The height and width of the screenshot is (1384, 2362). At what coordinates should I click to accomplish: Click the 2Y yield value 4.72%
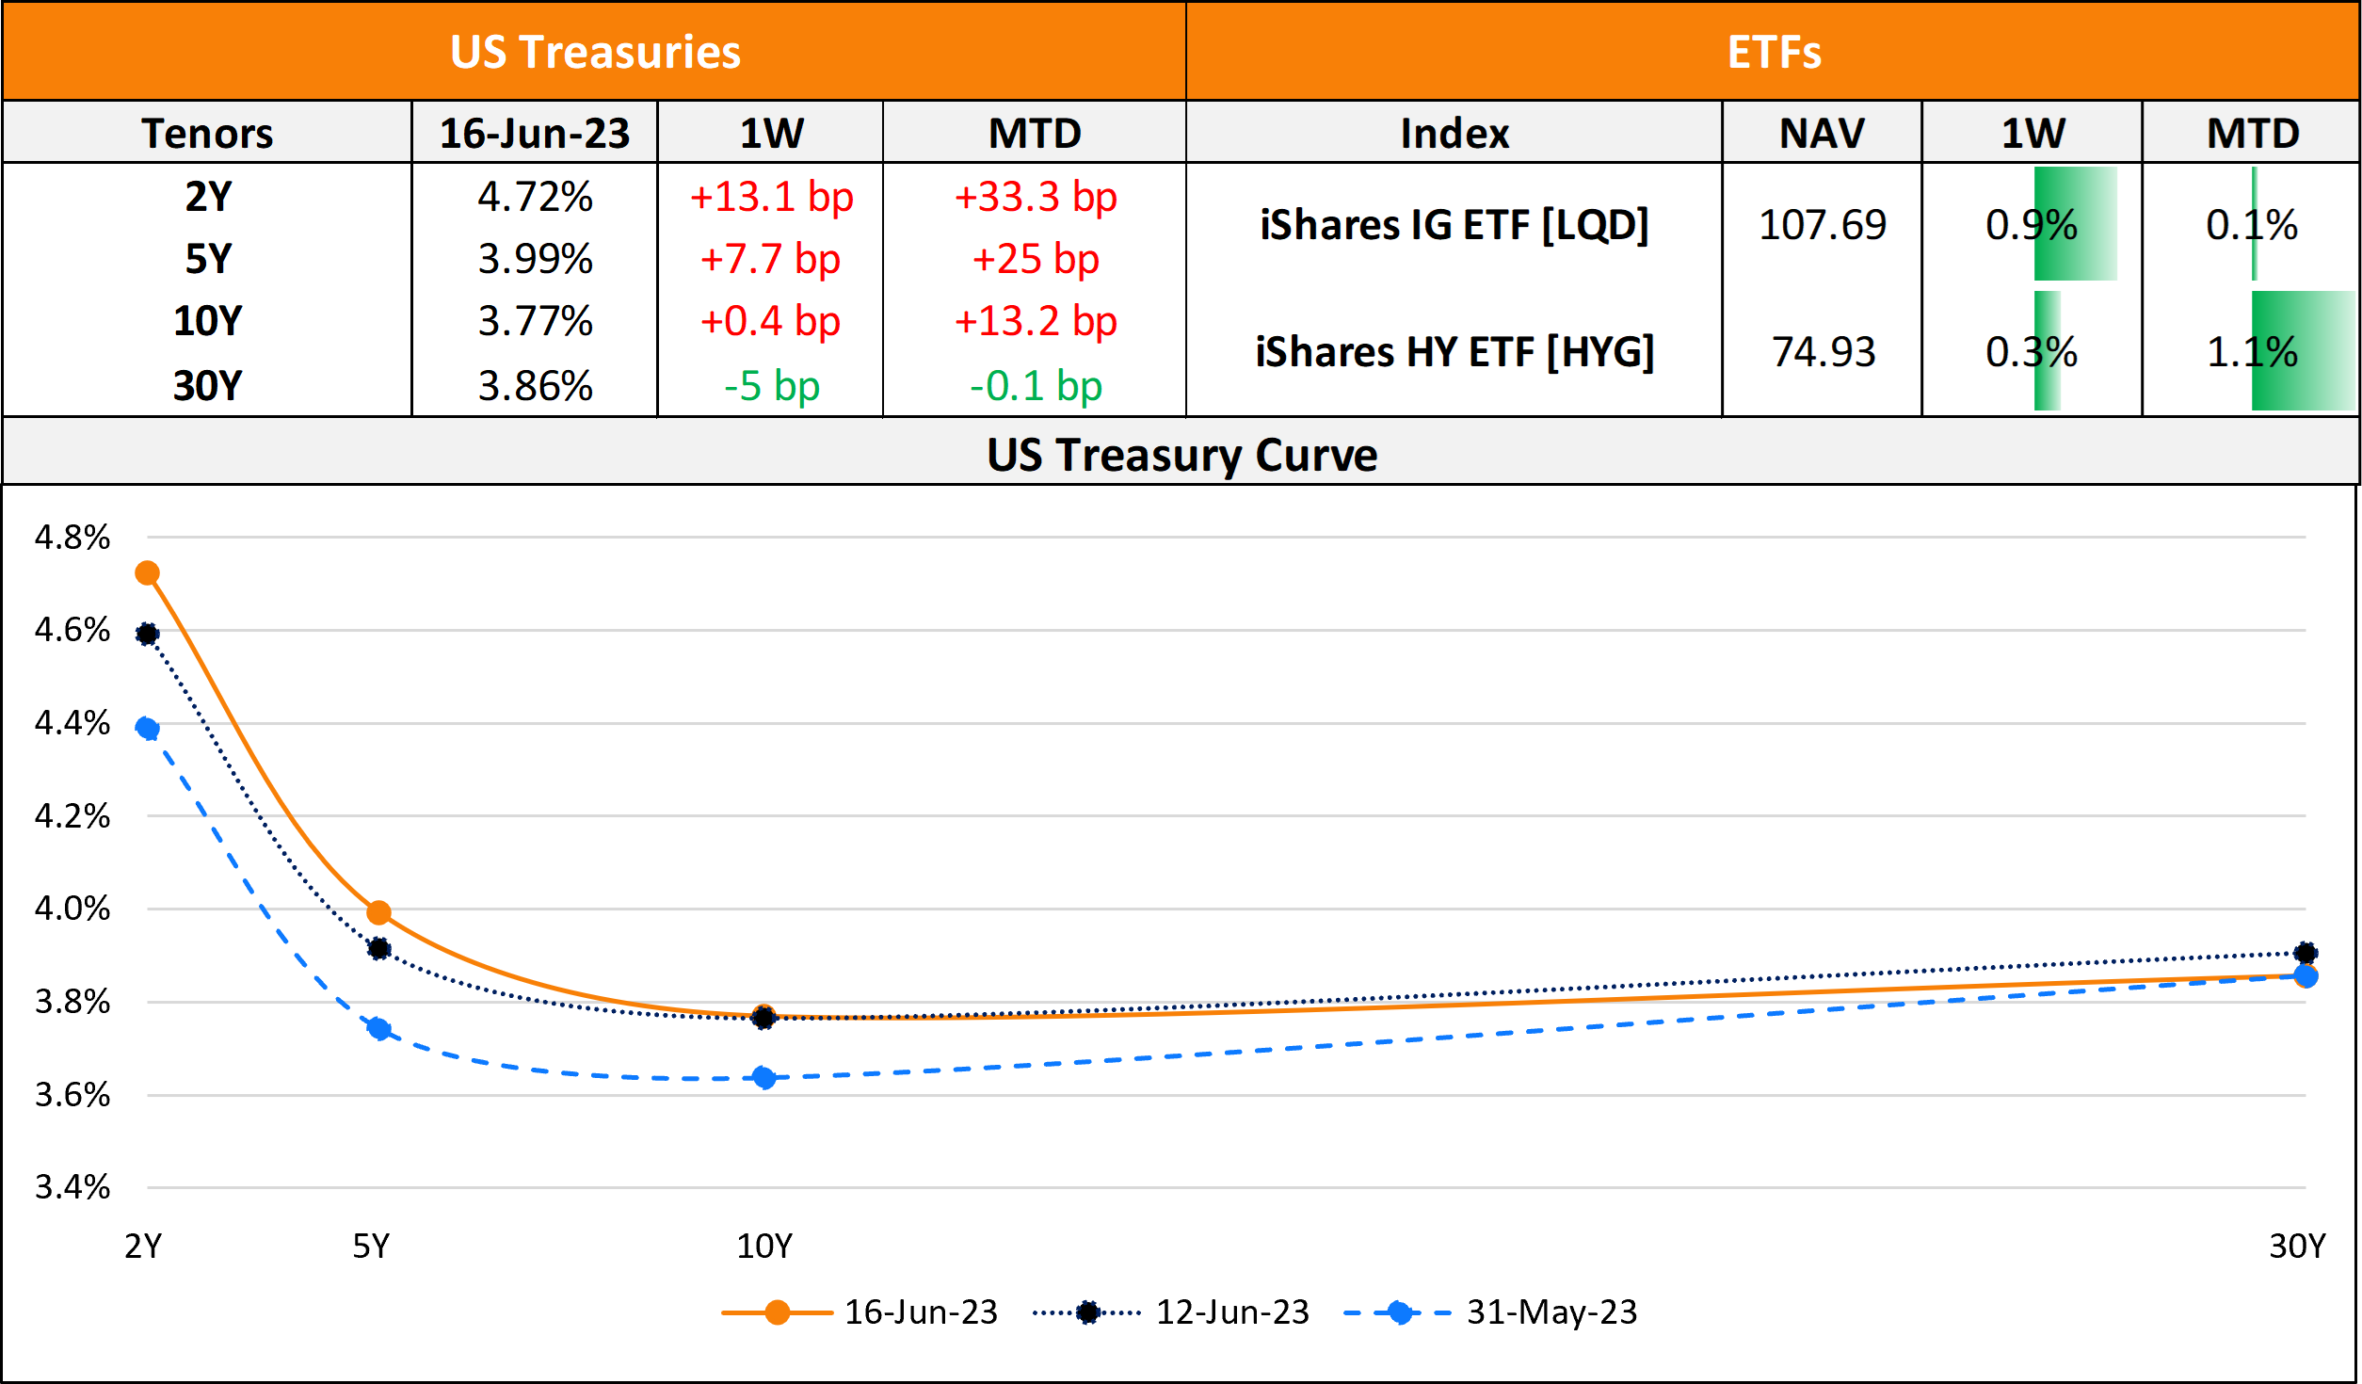(x=535, y=197)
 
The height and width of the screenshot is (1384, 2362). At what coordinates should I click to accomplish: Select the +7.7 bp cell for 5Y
(x=770, y=259)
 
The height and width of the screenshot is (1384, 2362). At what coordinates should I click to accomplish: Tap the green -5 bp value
(x=771, y=386)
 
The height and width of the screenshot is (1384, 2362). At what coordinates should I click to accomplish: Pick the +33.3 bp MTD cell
(x=1035, y=197)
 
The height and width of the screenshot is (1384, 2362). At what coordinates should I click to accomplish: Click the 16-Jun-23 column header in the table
(x=535, y=133)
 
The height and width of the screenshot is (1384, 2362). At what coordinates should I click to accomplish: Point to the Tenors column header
(x=207, y=133)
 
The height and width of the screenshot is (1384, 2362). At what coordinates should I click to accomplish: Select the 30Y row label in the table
(x=207, y=386)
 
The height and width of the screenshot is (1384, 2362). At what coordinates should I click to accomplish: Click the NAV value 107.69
(x=1822, y=225)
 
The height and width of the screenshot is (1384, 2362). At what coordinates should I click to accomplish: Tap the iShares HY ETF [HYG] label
(x=1454, y=352)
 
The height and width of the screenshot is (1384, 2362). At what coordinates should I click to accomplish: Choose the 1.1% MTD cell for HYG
(x=2252, y=352)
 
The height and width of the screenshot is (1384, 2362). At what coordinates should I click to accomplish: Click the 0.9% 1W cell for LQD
(x=2032, y=225)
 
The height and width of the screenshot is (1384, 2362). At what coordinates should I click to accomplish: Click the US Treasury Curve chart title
(x=1181, y=455)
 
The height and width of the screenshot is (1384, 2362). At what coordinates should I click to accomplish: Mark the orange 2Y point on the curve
(x=147, y=573)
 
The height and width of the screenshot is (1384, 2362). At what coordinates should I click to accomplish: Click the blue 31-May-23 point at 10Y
(x=764, y=1078)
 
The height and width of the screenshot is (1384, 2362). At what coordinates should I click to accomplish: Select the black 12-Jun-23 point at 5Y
(x=379, y=949)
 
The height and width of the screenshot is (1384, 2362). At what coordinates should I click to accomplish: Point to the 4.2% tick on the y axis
(x=72, y=816)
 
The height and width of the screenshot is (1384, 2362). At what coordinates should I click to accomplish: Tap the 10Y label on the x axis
(x=764, y=1247)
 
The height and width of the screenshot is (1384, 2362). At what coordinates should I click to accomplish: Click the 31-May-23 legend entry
(x=1551, y=1312)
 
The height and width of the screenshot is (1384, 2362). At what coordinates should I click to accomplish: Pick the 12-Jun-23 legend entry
(x=1232, y=1312)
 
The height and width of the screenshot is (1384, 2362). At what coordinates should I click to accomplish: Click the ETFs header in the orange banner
(x=1774, y=52)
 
